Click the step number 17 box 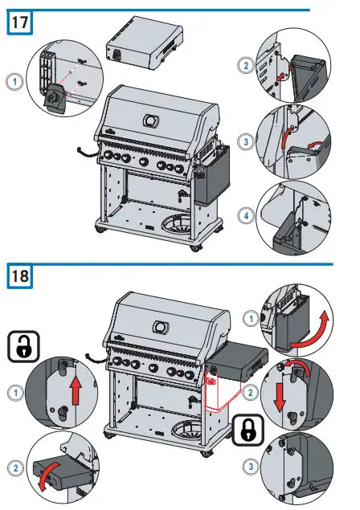pyautogui.click(x=20, y=22)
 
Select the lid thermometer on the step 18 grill pyautogui.click(x=160, y=327)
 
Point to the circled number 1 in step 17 pyautogui.click(x=13, y=80)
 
